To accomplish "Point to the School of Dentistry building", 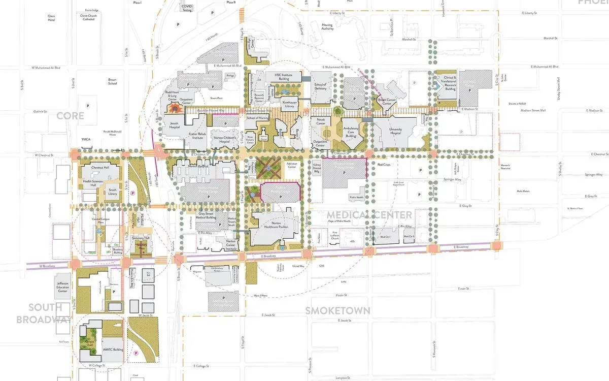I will pyautogui.click(x=320, y=87).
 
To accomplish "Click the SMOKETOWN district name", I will pyautogui.click(x=337, y=310).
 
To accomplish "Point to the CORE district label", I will pyautogui.click(x=70, y=116).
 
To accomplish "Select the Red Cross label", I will pyautogui.click(x=383, y=165).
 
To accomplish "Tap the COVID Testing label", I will pyautogui.click(x=187, y=8).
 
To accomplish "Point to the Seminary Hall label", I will pyautogui.click(x=141, y=238).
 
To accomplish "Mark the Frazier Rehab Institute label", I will pyautogui.click(x=196, y=136).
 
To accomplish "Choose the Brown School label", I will pyautogui.click(x=112, y=81).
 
